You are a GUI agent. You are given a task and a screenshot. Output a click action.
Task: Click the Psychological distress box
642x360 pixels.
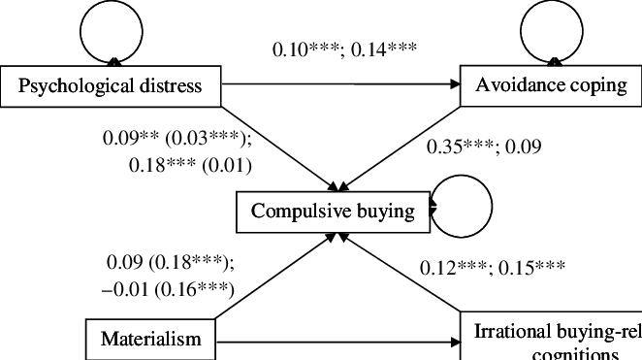click(112, 86)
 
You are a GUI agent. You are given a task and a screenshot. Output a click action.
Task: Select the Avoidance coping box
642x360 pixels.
click(551, 85)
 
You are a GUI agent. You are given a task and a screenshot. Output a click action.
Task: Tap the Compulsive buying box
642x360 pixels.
click(333, 211)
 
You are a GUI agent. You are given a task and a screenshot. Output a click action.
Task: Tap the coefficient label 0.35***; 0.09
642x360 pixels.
click(484, 147)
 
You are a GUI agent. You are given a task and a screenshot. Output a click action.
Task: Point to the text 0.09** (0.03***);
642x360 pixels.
click(177, 138)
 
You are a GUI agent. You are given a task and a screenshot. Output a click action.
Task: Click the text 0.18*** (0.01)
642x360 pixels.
click(190, 165)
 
